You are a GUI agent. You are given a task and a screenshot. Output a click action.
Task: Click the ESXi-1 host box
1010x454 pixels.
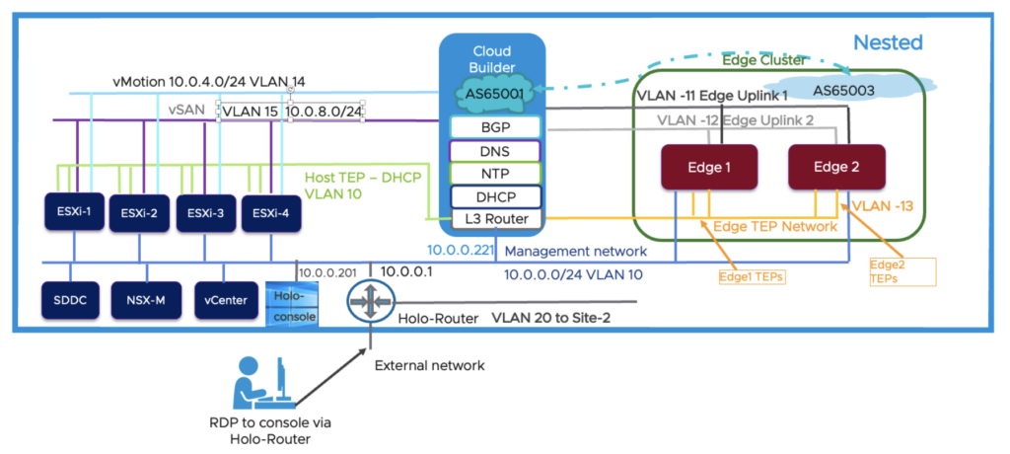pyautogui.click(x=74, y=213)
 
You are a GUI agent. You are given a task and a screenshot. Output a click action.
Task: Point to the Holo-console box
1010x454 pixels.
pyautogui.click(x=285, y=298)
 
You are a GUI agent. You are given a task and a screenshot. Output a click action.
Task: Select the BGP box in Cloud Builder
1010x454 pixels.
pyautogui.click(x=494, y=127)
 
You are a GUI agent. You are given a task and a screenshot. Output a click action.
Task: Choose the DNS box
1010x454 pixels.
pyautogui.click(x=494, y=150)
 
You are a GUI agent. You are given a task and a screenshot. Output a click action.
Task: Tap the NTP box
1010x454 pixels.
pyautogui.click(x=494, y=173)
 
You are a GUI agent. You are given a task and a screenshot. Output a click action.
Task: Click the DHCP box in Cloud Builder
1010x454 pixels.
pyautogui.click(x=494, y=195)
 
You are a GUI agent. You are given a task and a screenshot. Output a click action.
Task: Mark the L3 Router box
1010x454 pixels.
pyautogui.click(x=494, y=218)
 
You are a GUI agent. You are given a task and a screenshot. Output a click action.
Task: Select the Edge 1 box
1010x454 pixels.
pyautogui.click(x=708, y=168)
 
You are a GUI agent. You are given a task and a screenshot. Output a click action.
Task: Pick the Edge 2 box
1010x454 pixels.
pyautogui.click(x=836, y=168)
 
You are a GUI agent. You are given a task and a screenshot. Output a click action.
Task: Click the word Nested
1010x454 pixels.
pyautogui.click(x=888, y=42)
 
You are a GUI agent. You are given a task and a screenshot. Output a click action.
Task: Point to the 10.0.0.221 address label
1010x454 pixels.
pyautogui.click(x=458, y=251)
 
